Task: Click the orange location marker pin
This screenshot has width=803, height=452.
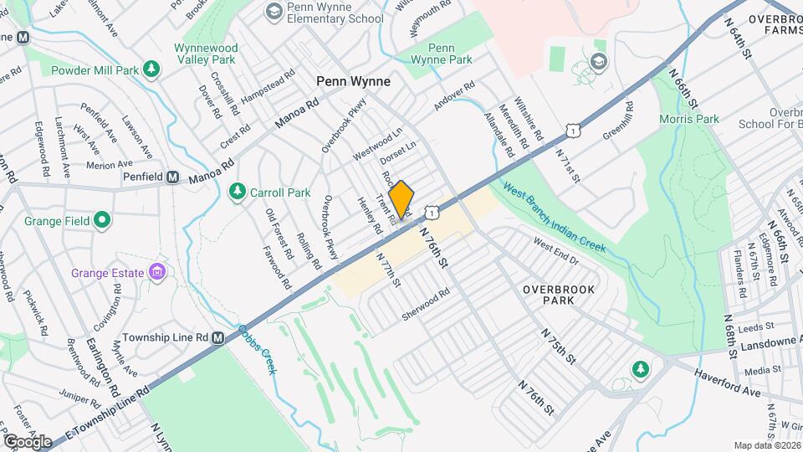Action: point(401,199)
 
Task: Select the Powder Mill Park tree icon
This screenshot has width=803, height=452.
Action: point(151,69)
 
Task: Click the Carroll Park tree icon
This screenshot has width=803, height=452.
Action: point(238,193)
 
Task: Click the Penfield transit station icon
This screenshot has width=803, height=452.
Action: point(173,177)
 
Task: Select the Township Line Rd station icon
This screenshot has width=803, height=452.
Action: point(218,337)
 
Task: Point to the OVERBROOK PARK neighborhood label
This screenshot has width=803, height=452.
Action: point(559,294)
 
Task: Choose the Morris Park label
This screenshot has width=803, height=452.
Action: point(690,119)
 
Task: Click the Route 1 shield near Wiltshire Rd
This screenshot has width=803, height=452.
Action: point(572,130)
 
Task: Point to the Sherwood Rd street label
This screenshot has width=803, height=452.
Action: point(426,299)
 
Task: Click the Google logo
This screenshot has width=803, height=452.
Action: point(28,441)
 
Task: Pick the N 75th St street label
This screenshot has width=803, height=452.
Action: point(560,345)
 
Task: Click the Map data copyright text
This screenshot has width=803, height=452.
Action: point(765,444)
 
